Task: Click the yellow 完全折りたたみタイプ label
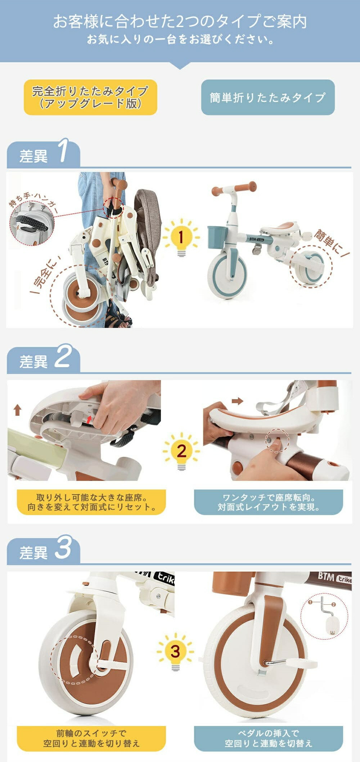click(x=90, y=97)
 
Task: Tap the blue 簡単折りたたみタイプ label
click(x=268, y=97)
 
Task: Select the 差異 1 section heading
click(x=43, y=154)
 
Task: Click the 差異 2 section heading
click(x=43, y=359)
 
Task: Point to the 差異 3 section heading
click(x=43, y=550)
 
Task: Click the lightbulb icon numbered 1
click(x=181, y=238)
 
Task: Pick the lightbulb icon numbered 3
click(x=175, y=651)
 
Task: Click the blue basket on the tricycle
click(x=217, y=236)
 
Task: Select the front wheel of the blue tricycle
click(x=227, y=276)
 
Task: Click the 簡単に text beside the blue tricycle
click(x=331, y=243)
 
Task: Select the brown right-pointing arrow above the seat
click(x=237, y=401)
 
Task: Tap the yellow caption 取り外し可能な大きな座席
click(x=91, y=502)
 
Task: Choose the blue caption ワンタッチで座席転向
click(x=269, y=502)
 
